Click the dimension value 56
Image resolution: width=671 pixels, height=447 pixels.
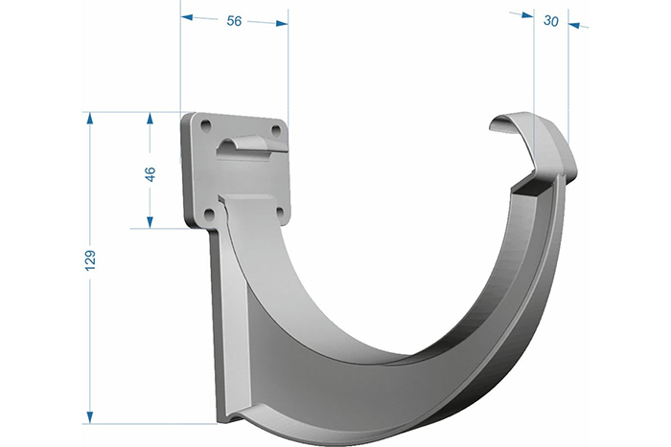coord(234,20)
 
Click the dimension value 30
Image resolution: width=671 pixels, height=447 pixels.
coord(551,20)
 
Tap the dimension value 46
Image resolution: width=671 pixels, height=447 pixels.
coord(150,174)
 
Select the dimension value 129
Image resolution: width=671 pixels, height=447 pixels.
coord(90,259)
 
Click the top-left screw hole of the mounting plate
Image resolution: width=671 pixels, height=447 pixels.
coord(206,125)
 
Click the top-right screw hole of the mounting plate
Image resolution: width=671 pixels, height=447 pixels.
coord(276,129)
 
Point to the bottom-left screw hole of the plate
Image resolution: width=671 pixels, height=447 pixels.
coord(209,213)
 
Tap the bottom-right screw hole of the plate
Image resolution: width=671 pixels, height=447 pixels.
coord(280,212)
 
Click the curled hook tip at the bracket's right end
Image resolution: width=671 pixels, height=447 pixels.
coord(509,123)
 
